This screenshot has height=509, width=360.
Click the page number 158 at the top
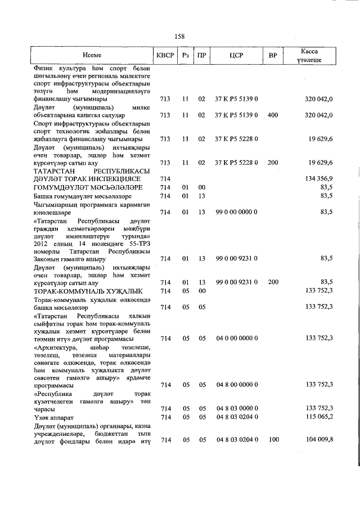179,37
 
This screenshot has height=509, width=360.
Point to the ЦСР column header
236,56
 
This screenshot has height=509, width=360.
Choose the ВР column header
273,56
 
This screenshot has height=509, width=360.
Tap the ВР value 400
273,115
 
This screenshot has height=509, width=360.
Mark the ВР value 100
273,439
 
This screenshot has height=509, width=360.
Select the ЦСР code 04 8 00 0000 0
236,385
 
